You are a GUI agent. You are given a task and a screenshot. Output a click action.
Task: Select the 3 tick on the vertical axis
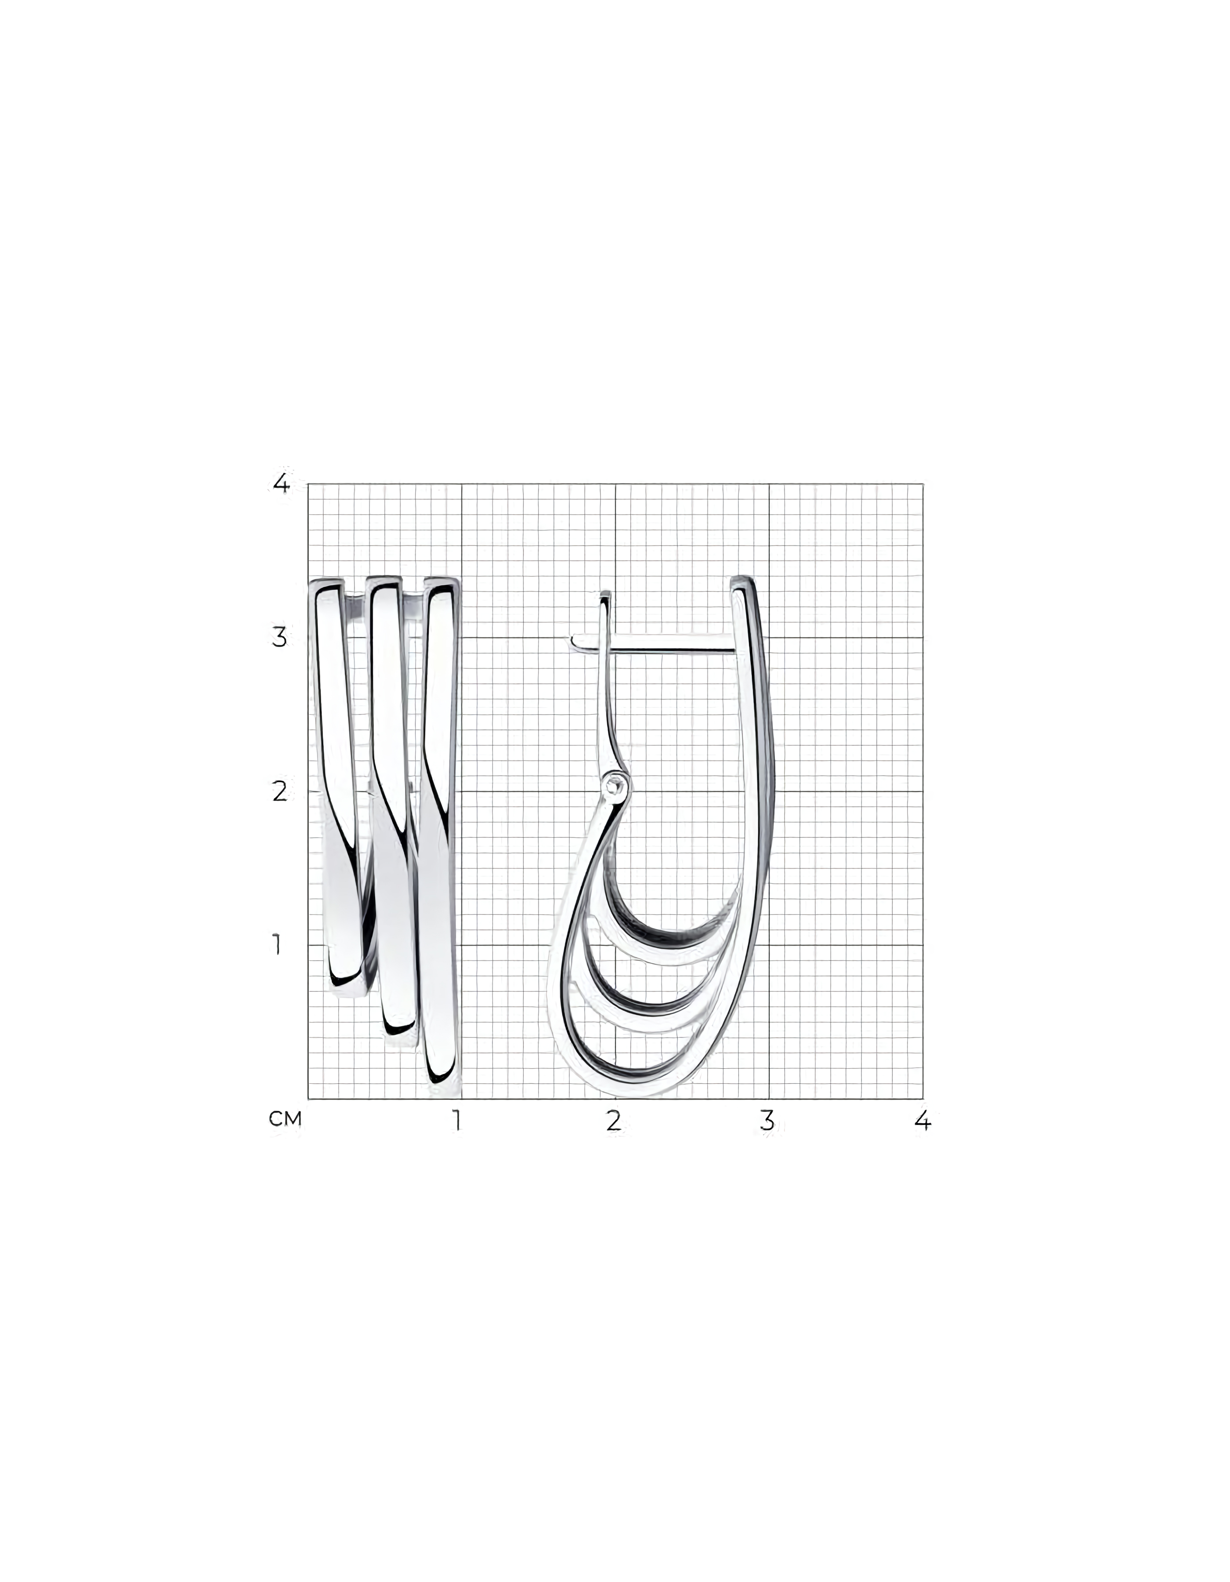(x=279, y=638)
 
